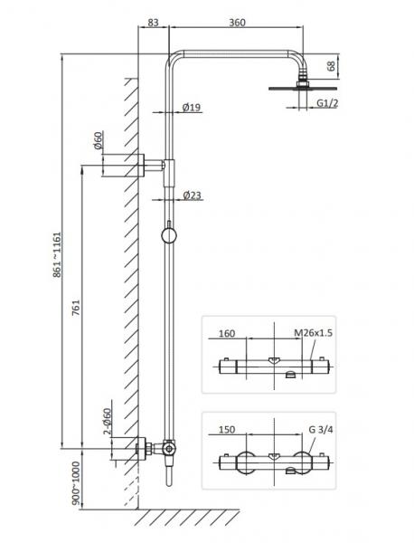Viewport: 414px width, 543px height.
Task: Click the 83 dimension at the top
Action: (x=154, y=22)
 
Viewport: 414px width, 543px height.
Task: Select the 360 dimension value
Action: (x=237, y=22)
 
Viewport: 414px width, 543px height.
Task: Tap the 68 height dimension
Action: (x=332, y=66)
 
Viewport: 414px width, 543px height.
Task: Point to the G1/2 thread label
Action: (x=327, y=103)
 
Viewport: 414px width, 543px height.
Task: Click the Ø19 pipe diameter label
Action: (x=192, y=108)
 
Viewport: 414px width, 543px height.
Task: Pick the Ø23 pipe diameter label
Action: (x=192, y=195)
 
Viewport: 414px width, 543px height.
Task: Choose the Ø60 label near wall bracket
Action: (x=99, y=140)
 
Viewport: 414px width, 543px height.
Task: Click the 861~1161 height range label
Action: (x=57, y=254)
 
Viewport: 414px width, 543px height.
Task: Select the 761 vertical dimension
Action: (x=76, y=308)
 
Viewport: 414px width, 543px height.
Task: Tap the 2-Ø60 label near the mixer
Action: (x=108, y=421)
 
